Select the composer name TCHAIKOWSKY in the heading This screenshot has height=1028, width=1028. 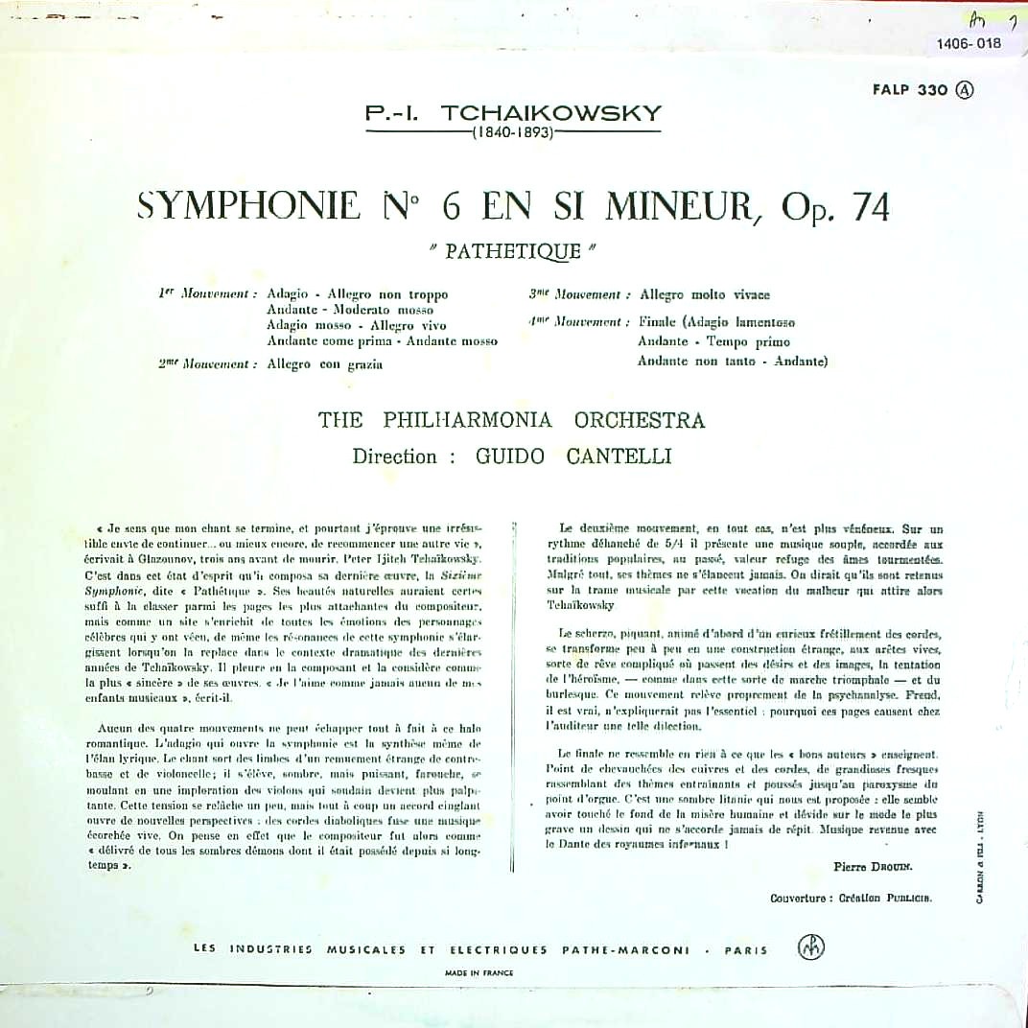550,114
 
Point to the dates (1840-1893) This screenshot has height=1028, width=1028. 514,133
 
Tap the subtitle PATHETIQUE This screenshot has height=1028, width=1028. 513,251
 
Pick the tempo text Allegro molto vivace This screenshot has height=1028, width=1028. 704,294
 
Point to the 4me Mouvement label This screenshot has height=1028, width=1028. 578,322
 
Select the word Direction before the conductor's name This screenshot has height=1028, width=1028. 395,456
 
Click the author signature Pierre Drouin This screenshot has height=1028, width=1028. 874,866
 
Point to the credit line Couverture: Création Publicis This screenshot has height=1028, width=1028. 851,899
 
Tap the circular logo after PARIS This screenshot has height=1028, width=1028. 810,948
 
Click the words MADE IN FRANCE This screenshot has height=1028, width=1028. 479,972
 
